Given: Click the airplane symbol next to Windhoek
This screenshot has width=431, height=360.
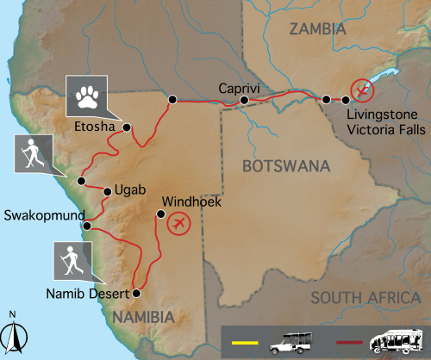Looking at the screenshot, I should coord(179,224).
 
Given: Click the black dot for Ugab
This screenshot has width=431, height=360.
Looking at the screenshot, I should coord(106,191).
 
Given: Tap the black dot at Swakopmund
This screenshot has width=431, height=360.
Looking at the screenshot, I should coord(86,227).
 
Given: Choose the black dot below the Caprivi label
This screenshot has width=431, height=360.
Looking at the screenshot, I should coord(244,100).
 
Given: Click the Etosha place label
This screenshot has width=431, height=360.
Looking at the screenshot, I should coord(95,127).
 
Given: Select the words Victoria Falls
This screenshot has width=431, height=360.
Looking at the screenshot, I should coord(382,131).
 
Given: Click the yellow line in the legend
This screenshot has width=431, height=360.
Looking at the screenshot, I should coord(246,344).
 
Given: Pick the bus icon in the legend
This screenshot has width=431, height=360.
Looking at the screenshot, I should coord(397,341).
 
